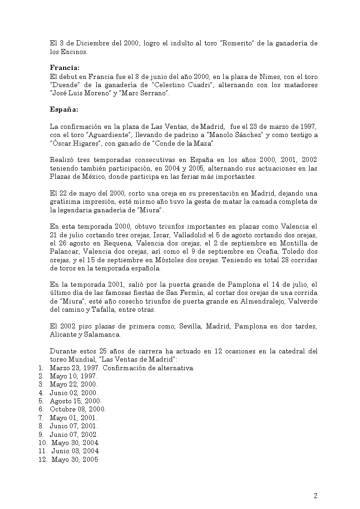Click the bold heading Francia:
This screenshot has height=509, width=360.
coord(64,68)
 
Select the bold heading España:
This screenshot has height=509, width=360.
coord(64,109)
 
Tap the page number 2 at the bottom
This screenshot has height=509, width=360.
coord(315,495)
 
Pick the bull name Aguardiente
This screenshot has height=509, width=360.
coord(98,135)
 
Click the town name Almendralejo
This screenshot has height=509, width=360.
coord(267,302)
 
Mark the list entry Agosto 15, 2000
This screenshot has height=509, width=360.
coord(75,401)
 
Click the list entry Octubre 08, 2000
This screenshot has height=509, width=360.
coord(78,409)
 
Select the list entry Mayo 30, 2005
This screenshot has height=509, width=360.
coord(75,460)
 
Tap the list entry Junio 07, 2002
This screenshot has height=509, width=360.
coord(74,434)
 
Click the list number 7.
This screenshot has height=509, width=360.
coord(40,418)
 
